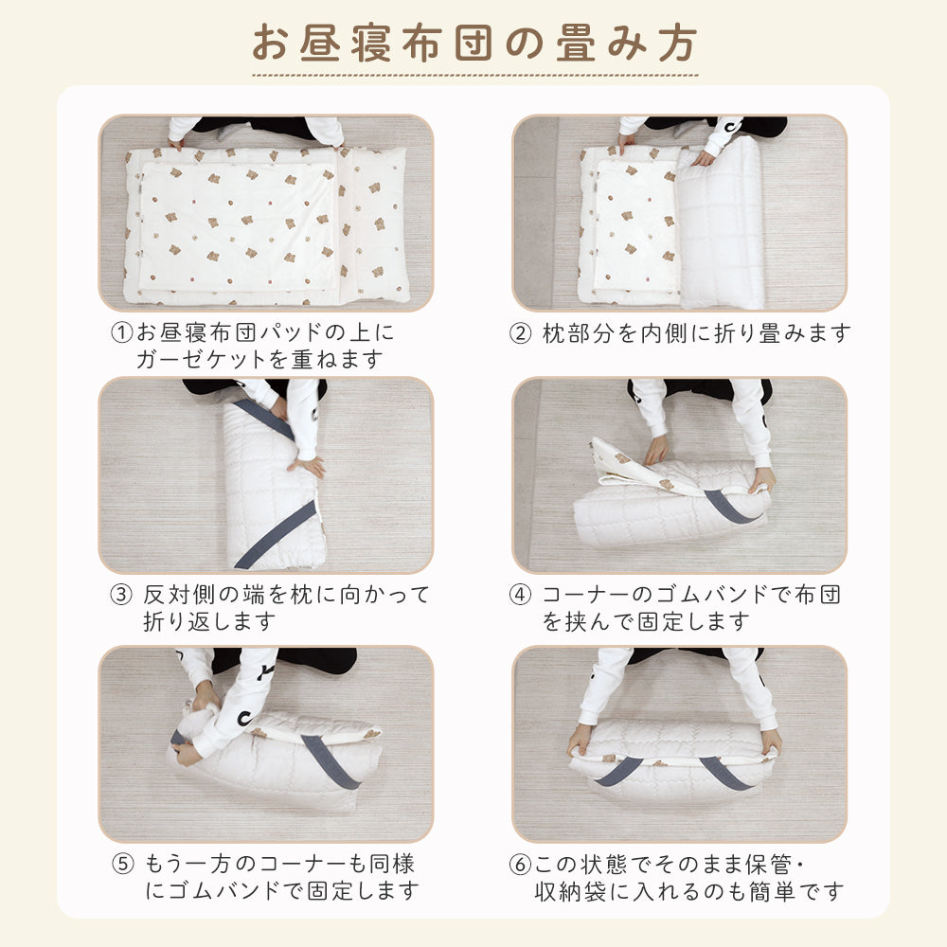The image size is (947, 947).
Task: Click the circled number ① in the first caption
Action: pyautogui.click(x=122, y=332)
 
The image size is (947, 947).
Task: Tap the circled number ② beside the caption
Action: pyautogui.click(x=520, y=333)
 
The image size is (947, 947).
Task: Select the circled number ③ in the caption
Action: pyautogui.click(x=121, y=595)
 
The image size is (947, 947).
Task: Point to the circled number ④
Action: pyautogui.click(x=520, y=595)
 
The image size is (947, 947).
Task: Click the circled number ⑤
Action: pyautogui.click(x=122, y=864)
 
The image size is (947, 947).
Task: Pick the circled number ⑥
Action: pyautogui.click(x=520, y=865)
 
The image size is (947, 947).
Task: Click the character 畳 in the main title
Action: pyautogui.click(x=576, y=44)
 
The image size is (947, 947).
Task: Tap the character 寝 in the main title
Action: pyautogui.click(x=371, y=44)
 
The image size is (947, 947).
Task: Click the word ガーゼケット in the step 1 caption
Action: pyautogui.click(x=202, y=360)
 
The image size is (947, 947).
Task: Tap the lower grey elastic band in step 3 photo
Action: pyautogui.click(x=275, y=535)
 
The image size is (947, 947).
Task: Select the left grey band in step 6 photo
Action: pyautogui.click(x=618, y=771)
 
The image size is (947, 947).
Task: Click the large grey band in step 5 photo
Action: pyautogui.click(x=331, y=761)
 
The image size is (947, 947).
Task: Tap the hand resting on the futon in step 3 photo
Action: pyautogui.click(x=307, y=466)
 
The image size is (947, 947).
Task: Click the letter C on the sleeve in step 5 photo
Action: pyautogui.click(x=244, y=718)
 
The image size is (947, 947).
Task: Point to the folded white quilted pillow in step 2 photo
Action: pyautogui.click(x=721, y=223)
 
